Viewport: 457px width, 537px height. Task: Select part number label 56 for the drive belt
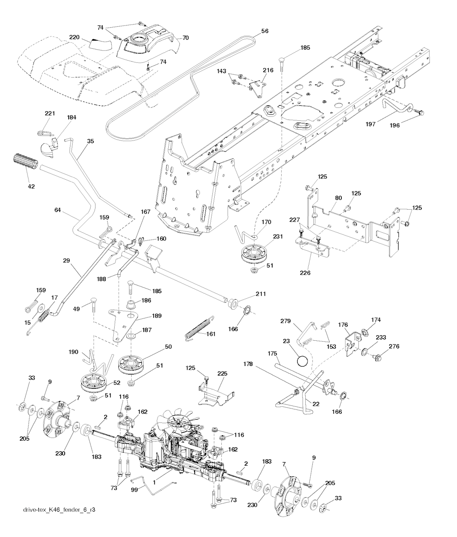[x=265, y=32]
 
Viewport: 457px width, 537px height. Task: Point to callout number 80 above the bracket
[x=339, y=198]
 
